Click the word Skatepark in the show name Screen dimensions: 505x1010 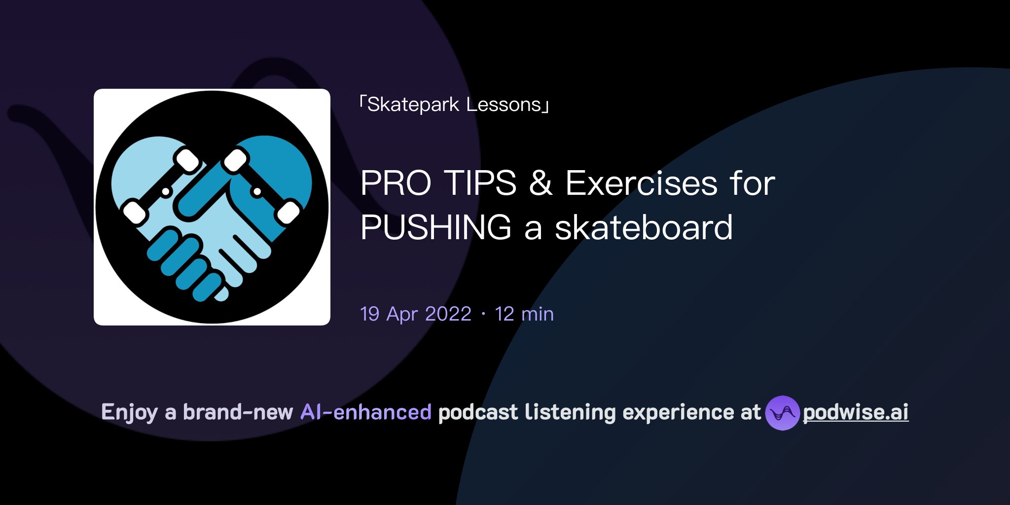[413, 105]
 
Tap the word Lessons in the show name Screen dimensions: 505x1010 [504, 105]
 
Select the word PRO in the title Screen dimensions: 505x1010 [396, 183]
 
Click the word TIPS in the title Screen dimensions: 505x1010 [480, 183]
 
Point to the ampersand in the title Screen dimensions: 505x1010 [541, 183]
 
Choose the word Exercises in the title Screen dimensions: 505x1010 [641, 183]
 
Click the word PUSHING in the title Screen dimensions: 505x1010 [436, 228]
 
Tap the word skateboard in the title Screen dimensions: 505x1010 [644, 228]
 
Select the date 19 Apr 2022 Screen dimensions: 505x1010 [416, 314]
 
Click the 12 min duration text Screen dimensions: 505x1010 [524, 314]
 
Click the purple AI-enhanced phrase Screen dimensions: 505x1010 [366, 412]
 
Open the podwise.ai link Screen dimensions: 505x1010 [856, 412]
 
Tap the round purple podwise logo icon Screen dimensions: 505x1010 [782, 413]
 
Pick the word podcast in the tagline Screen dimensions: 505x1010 [478, 412]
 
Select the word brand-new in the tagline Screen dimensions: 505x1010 [238, 412]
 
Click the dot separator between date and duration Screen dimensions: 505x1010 [483, 314]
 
